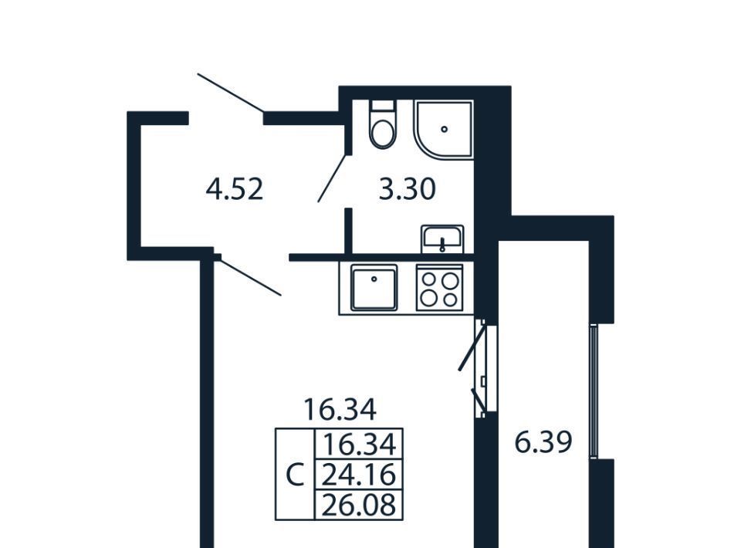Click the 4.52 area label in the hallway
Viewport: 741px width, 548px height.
[235, 189]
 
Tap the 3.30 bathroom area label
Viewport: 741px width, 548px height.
[408, 189]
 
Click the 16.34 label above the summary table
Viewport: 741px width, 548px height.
[340, 409]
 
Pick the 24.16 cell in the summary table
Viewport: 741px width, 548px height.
[359, 475]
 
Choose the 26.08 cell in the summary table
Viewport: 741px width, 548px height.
[359, 505]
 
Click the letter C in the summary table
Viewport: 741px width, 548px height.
[295, 475]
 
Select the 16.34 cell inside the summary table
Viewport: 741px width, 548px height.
[359, 445]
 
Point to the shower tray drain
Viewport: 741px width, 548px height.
[444, 129]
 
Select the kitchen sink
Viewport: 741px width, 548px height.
[374, 288]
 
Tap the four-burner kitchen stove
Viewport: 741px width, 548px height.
[440, 288]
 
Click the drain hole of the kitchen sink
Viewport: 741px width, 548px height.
[374, 279]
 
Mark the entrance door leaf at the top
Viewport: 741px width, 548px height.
[230, 93]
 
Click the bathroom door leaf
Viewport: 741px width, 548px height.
[333, 178]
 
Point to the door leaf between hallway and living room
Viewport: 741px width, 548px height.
[249, 276]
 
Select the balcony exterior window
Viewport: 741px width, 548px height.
[594, 391]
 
